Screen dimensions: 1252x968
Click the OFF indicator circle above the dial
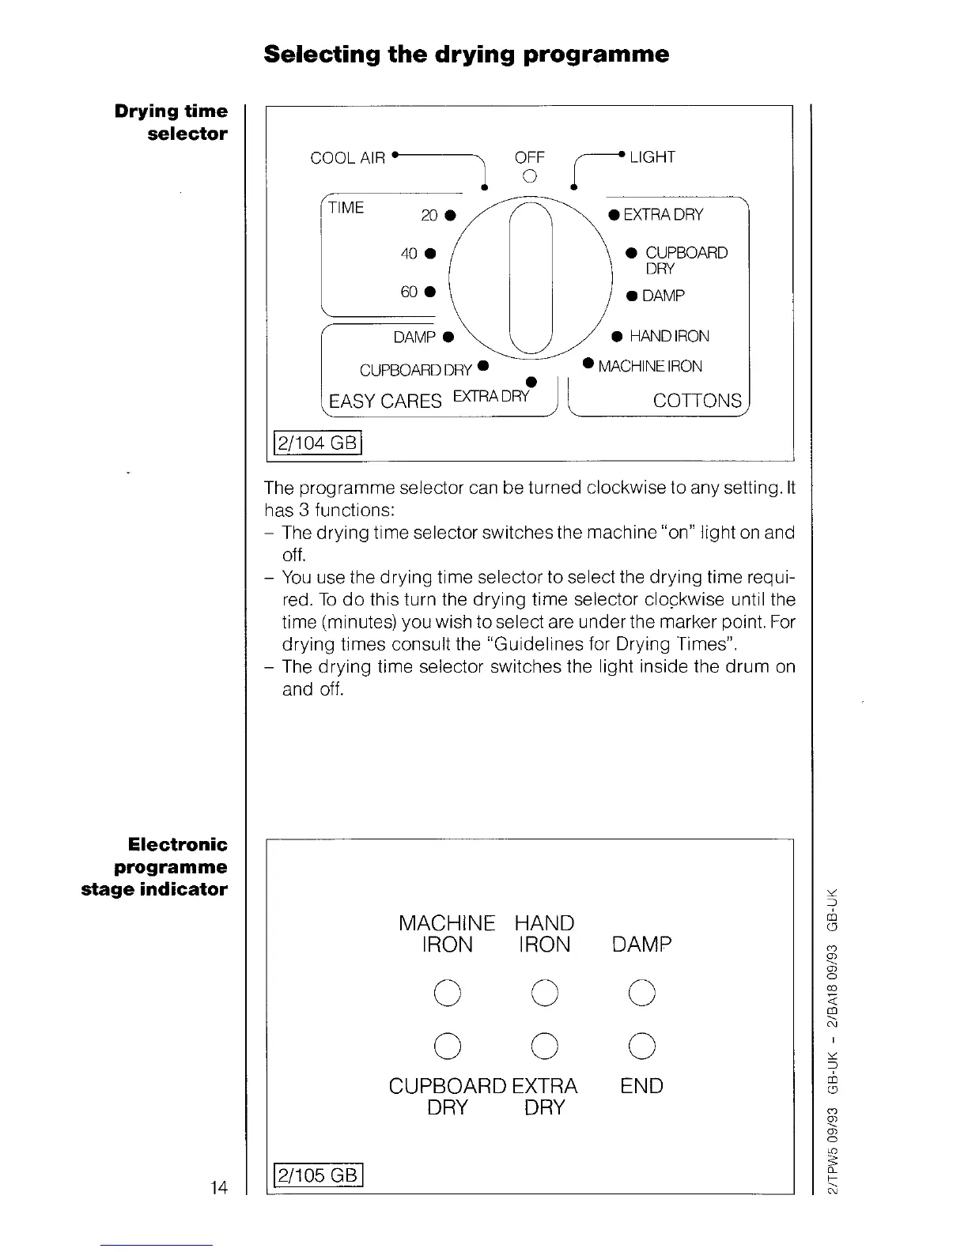530,175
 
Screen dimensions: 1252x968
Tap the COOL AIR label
348,158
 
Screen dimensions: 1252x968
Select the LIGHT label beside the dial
652,157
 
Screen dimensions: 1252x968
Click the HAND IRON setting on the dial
669,337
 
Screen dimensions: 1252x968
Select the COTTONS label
697,401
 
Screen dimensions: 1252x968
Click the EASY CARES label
385,402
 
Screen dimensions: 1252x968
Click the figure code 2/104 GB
316,442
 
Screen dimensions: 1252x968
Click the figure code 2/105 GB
316,1175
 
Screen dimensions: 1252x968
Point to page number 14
218,1187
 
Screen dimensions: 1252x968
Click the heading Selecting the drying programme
467,55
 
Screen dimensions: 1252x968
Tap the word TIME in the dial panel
346,208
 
